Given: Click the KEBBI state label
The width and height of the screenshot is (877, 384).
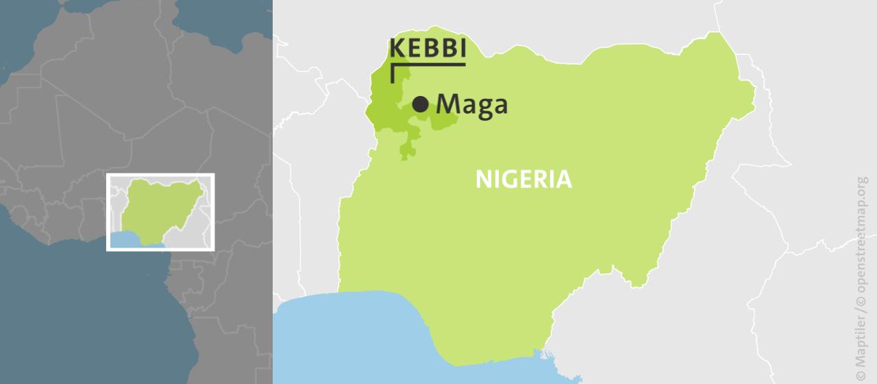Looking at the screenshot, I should pos(428,49).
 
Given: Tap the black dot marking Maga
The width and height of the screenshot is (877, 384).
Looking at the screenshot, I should pos(421,104).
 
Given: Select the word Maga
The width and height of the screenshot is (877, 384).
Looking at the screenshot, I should pos(472,105).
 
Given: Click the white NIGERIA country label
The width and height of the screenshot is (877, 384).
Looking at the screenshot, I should pos(523,180).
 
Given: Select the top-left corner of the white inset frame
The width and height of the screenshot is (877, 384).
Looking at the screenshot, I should pos(108,175).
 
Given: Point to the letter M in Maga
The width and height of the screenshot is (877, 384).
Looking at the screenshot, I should pos(448,104).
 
